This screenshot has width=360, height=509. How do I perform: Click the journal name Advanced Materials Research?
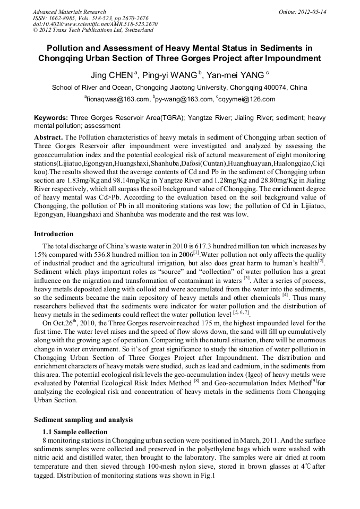(x=69, y=12)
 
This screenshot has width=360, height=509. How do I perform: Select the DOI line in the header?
(x=95, y=24)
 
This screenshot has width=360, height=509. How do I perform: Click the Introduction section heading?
(x=54, y=234)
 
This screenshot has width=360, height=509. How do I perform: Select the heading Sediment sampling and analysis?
(x=83, y=420)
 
